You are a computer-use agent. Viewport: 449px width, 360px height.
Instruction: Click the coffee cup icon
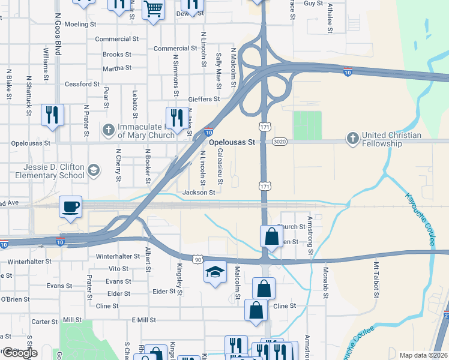(71, 207)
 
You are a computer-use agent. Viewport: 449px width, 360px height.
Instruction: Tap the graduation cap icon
(215, 272)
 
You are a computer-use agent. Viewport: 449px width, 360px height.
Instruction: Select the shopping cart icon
(154, 9)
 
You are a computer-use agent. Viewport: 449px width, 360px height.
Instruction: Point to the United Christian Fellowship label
(391, 140)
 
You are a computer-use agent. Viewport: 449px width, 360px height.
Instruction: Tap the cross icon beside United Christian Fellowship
(352, 139)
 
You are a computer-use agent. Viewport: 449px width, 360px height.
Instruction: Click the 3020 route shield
(279, 142)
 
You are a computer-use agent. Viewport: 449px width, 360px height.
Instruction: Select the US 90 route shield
(197, 259)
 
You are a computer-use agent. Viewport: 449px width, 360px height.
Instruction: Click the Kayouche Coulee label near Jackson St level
(420, 220)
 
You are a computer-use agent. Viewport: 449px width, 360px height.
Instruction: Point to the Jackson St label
(199, 193)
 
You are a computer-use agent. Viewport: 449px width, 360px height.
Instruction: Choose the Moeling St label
(80, 25)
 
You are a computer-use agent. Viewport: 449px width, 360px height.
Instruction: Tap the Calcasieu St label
(220, 166)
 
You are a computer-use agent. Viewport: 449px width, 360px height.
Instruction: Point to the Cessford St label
(82, 85)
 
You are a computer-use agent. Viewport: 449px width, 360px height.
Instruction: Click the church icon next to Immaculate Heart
(108, 129)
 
